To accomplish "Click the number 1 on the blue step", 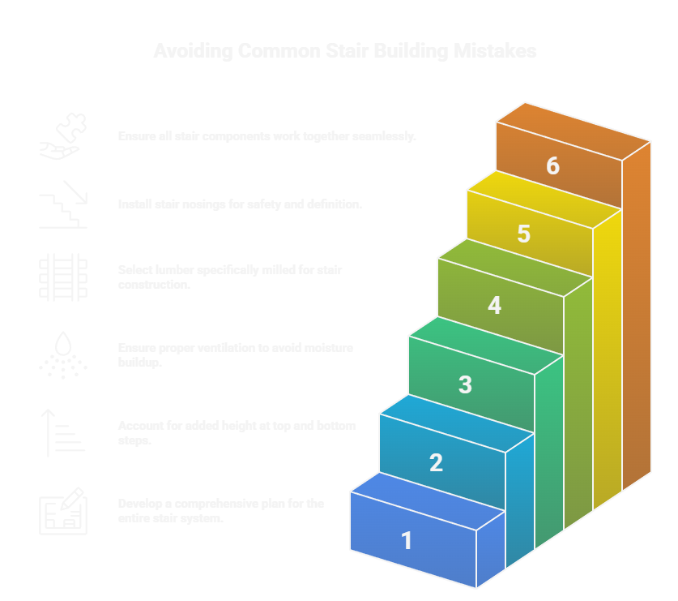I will (x=407, y=540).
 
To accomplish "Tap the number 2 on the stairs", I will (x=436, y=462).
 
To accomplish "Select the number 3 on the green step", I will (x=465, y=384).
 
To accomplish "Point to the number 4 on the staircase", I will (x=494, y=306).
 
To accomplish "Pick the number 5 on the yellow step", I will (x=523, y=234).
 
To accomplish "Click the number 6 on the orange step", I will (x=552, y=165).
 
